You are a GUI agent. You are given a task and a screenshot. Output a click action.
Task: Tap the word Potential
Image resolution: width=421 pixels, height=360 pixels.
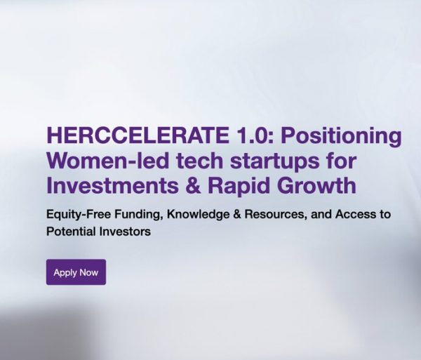pyautogui.click(x=69, y=231)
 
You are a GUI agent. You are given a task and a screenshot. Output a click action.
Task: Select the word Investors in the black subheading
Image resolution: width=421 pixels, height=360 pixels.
pyautogui.click(x=123, y=231)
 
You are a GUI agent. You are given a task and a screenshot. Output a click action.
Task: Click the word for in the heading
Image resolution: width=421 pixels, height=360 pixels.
pyautogui.click(x=340, y=161)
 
